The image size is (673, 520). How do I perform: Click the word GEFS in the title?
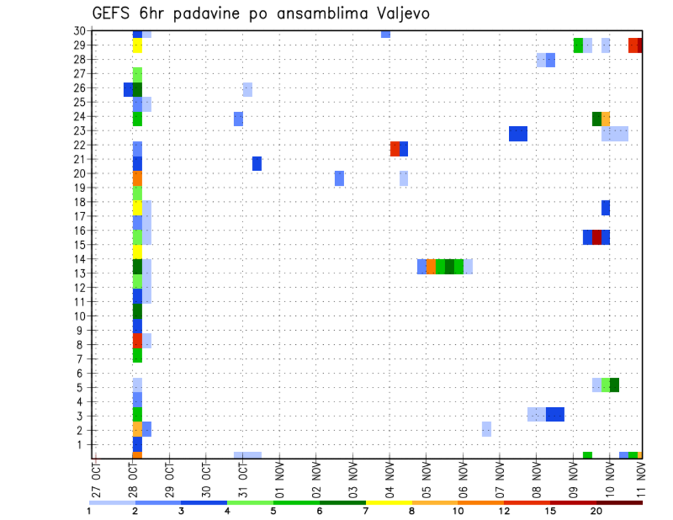[x=111, y=13]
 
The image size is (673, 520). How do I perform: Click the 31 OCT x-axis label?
[x=243, y=478]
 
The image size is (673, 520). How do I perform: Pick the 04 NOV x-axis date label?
[x=389, y=478]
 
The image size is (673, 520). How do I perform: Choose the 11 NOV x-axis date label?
[x=640, y=478]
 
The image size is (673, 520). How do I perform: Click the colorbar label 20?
[x=597, y=511]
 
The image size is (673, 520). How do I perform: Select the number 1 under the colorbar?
[x=89, y=511]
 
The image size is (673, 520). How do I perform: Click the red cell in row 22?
[x=395, y=149]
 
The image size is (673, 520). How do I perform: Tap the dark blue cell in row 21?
[x=257, y=163]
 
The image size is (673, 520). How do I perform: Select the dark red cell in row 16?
[x=597, y=237]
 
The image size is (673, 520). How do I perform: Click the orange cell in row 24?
[x=606, y=119]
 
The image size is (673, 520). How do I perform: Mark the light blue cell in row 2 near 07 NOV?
[x=487, y=429]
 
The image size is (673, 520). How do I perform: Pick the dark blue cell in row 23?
[x=518, y=134]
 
